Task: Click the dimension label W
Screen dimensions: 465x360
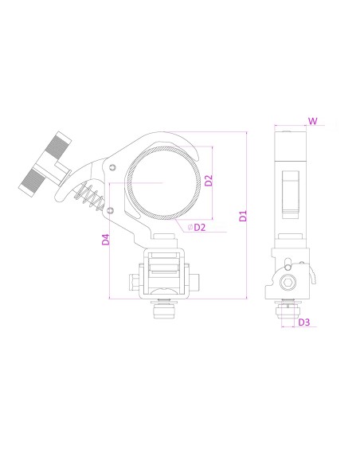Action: tap(313, 121)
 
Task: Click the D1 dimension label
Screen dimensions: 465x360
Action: tap(244, 215)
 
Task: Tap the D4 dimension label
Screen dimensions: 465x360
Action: tap(105, 239)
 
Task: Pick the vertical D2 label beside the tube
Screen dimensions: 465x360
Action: tap(209, 180)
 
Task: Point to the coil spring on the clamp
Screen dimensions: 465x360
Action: tap(93, 194)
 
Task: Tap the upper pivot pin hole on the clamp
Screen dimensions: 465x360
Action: tap(113, 167)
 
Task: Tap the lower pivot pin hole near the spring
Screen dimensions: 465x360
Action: tap(111, 210)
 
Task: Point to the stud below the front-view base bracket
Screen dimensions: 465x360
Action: tap(165, 310)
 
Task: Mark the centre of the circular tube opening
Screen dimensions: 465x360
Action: tap(164, 183)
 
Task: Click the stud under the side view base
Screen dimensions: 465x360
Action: tap(288, 312)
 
